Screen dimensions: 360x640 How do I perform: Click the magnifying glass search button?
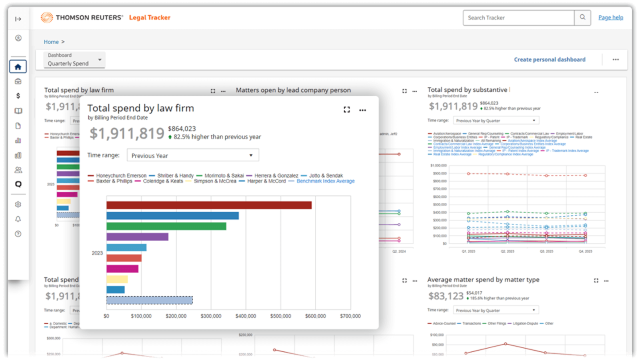pyautogui.click(x=582, y=17)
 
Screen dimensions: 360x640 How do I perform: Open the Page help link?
pyautogui.click(x=610, y=17)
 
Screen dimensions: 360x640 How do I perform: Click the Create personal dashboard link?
pyautogui.click(x=549, y=59)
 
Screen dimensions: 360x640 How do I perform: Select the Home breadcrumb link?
pyautogui.click(x=51, y=42)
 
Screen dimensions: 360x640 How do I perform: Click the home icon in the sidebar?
pyautogui.click(x=18, y=66)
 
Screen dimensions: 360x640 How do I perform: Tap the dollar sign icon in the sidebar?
pyautogui.click(x=18, y=95)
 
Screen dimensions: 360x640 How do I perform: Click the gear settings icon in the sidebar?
pyautogui.click(x=18, y=204)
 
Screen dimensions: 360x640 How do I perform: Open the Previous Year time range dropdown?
pyautogui.click(x=192, y=155)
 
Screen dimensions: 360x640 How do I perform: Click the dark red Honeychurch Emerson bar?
pyautogui.click(x=208, y=205)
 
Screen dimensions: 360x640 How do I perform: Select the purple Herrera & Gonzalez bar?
pyautogui.click(x=137, y=236)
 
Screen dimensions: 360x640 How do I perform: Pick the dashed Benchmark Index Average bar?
pyautogui.click(x=149, y=300)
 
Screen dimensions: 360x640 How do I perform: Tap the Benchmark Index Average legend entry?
pyautogui.click(x=325, y=181)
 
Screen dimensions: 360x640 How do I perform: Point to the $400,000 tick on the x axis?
pyautogui.click(x=245, y=316)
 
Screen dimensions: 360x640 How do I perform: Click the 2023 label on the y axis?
pyautogui.click(x=97, y=253)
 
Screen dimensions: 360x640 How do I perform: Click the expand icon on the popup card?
pyautogui.click(x=346, y=110)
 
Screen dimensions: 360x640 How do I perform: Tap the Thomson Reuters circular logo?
pyautogui.click(x=46, y=17)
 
